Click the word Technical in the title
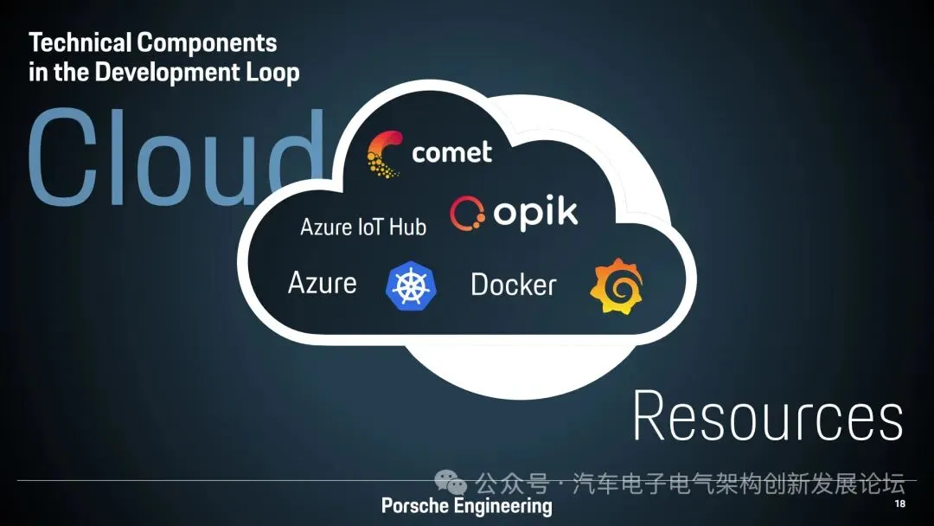[x=79, y=42]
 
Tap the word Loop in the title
[x=273, y=72]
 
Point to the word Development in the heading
[x=160, y=72]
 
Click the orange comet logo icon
[x=383, y=153]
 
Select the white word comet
[x=451, y=153]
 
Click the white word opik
[x=535, y=213]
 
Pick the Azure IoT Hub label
[x=363, y=228]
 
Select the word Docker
[x=514, y=285]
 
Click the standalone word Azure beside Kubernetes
[x=322, y=283]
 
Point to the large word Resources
[x=768, y=417]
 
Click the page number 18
[x=899, y=504]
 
